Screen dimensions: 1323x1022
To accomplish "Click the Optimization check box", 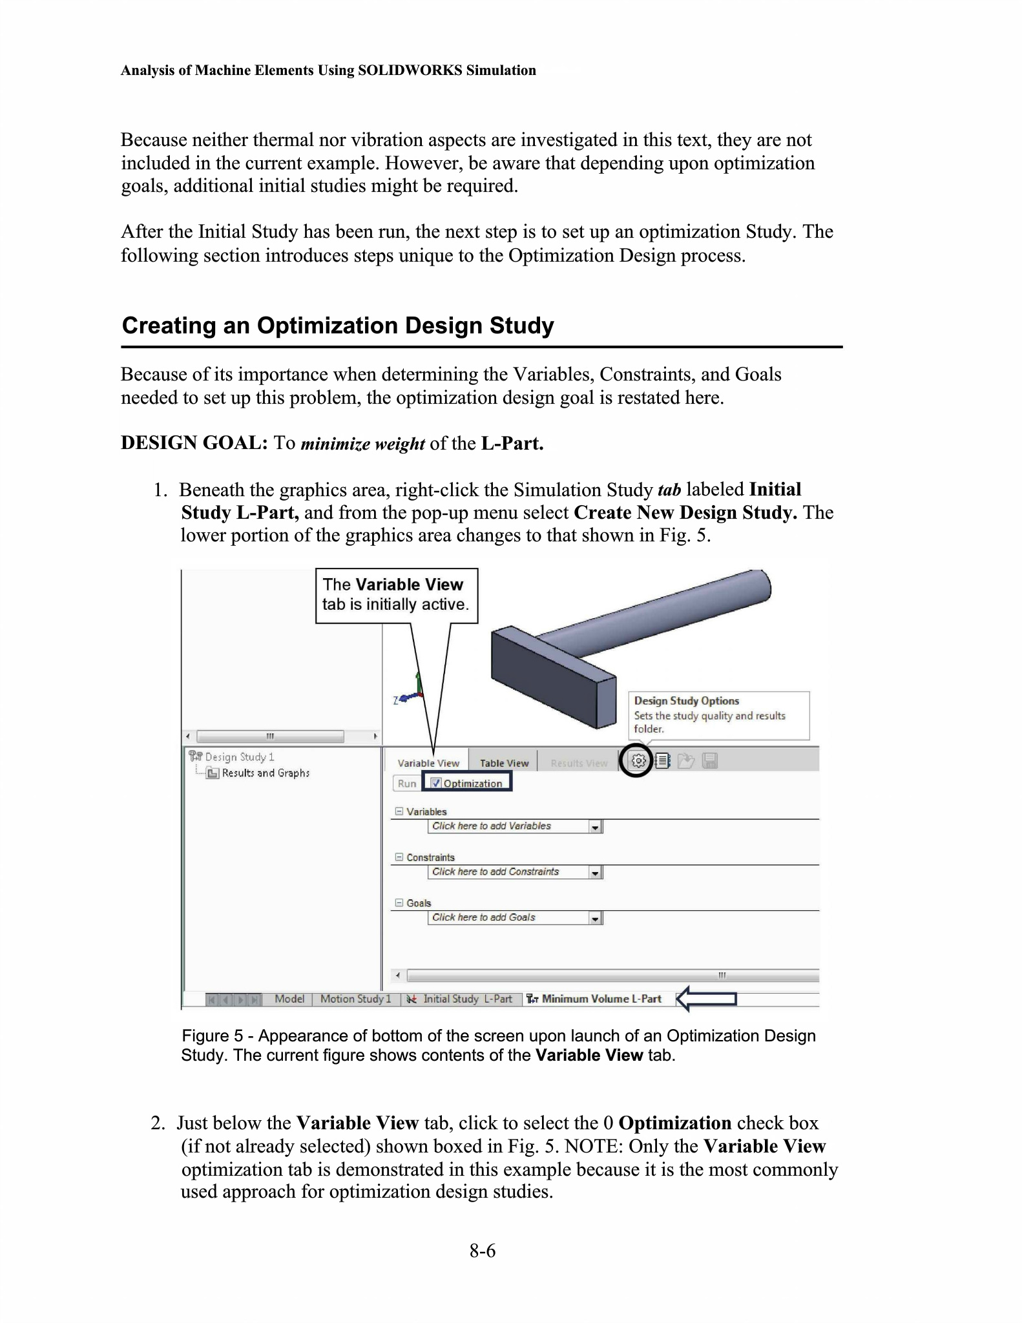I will [x=437, y=784].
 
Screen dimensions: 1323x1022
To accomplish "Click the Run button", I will [x=406, y=784].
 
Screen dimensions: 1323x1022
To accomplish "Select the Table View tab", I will [x=504, y=763].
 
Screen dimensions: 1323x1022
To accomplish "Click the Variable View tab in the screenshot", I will [x=428, y=763].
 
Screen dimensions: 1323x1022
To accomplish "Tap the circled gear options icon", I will [x=638, y=761].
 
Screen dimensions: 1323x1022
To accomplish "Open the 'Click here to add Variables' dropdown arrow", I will [x=595, y=827].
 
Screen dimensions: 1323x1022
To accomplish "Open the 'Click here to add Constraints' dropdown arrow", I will [x=595, y=873].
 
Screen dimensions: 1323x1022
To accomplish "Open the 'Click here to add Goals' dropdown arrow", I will [x=595, y=919].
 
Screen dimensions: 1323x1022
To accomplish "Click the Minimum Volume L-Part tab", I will [x=601, y=999].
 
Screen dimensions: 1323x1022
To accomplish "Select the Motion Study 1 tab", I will [x=355, y=999].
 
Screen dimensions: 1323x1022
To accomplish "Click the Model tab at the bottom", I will [x=289, y=999].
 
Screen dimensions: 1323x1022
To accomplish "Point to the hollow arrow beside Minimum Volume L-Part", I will [x=706, y=999].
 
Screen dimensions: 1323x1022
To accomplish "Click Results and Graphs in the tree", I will [x=266, y=773].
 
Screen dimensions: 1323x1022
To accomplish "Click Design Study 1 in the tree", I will [x=239, y=757].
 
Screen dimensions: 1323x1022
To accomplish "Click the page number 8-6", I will [x=483, y=1251].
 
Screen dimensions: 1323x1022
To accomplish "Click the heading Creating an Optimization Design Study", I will [x=338, y=326].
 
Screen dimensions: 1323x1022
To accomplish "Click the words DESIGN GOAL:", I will [x=194, y=443].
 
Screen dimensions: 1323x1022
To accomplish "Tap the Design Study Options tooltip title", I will [x=686, y=701].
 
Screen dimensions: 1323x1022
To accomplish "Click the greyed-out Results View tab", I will [x=579, y=763].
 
